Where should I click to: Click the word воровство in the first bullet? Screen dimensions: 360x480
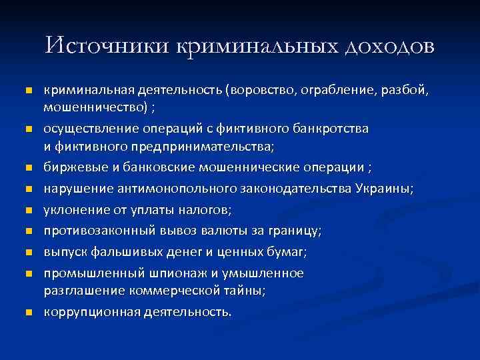pyautogui.click(x=261, y=90)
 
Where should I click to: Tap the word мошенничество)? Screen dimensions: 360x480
pyautogui.click(x=95, y=107)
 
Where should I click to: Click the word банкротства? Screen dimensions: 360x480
pyautogui.click(x=333, y=127)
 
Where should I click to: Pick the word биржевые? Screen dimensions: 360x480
pyautogui.click(x=69, y=166)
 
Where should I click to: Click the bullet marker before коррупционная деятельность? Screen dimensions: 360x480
pyautogui.click(x=27, y=312)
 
